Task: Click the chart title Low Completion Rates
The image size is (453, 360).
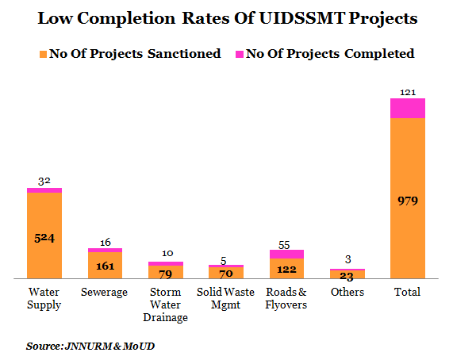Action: pyautogui.click(x=228, y=18)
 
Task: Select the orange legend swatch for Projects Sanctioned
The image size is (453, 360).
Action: pyautogui.click(x=43, y=54)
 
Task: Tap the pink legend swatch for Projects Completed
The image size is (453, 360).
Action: pyautogui.click(x=240, y=54)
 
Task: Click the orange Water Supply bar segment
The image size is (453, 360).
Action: pyautogui.click(x=44, y=236)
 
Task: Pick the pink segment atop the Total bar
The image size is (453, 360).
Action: pyautogui.click(x=408, y=109)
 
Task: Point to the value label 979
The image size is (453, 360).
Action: pyautogui.click(x=408, y=201)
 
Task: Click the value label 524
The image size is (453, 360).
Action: pyautogui.click(x=44, y=238)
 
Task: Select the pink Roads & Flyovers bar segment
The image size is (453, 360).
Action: pyautogui.click(x=286, y=254)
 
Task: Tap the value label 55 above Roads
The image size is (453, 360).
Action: pyautogui.click(x=284, y=245)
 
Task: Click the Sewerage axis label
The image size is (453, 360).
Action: pyautogui.click(x=104, y=292)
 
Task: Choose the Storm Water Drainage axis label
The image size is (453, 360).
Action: pyautogui.click(x=166, y=304)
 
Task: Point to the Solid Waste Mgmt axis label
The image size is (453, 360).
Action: pyautogui.click(x=225, y=298)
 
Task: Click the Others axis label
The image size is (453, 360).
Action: pyautogui.click(x=347, y=292)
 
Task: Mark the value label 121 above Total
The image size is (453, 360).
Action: pyautogui.click(x=408, y=93)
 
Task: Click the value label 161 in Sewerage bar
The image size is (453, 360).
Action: pyautogui.click(x=106, y=266)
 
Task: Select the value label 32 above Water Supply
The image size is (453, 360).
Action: pyautogui.click(x=44, y=182)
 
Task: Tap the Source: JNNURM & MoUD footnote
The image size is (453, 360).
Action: pyautogui.click(x=90, y=346)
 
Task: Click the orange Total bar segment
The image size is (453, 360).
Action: pyautogui.click(x=408, y=198)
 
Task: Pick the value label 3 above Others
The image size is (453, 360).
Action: pyautogui.click(x=347, y=259)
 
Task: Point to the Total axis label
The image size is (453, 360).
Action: pyautogui.click(x=407, y=292)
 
